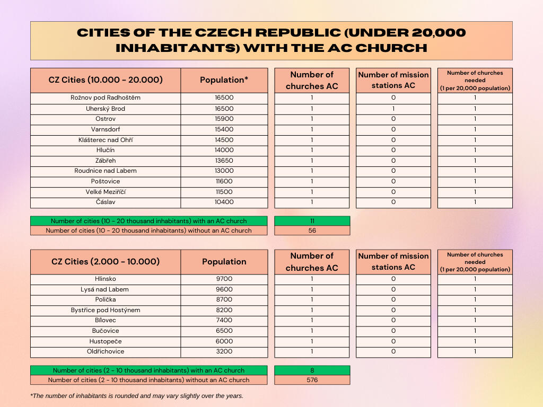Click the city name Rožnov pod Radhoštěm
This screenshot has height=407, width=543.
[106, 98]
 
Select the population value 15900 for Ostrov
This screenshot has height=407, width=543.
[224, 119]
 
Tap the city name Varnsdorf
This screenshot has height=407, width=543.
[106, 129]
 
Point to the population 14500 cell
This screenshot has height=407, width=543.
[224, 140]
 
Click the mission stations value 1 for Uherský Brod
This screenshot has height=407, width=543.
[393, 109]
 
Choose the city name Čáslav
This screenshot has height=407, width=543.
[106, 202]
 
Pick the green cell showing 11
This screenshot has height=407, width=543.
[312, 221]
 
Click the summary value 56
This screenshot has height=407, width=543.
[312, 231]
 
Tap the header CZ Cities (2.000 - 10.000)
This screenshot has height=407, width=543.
[106, 262]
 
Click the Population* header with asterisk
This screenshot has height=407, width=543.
[224, 80]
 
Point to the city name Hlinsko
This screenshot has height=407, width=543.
[106, 279]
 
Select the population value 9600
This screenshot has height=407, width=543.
[224, 289]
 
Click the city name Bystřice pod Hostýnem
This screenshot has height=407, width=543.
[106, 310]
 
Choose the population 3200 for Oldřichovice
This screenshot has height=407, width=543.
[224, 351]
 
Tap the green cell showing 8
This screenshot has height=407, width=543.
[312, 370]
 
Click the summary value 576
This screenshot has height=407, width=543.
[312, 380]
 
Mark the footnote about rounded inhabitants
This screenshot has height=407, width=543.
[137, 396]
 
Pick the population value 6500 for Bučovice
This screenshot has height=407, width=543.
[224, 331]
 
